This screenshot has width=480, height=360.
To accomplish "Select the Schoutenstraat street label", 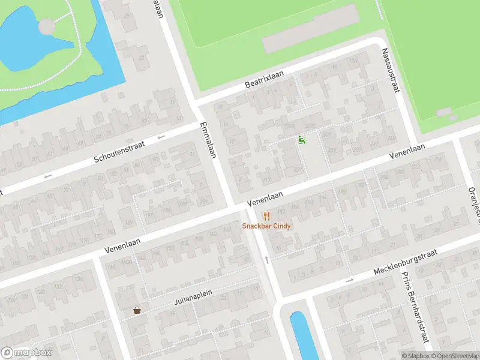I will point(121,151).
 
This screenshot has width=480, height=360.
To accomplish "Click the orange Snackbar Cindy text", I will point(266,226).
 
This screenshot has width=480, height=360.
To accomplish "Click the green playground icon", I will point(302,140).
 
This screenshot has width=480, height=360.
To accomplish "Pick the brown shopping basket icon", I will point(137,311).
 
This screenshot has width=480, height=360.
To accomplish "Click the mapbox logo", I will point(26,353).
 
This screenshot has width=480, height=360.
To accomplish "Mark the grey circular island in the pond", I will point(46,26).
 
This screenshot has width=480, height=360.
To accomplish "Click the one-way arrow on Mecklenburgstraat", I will point(350,281).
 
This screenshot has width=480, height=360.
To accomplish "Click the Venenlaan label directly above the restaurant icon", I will point(264,197).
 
